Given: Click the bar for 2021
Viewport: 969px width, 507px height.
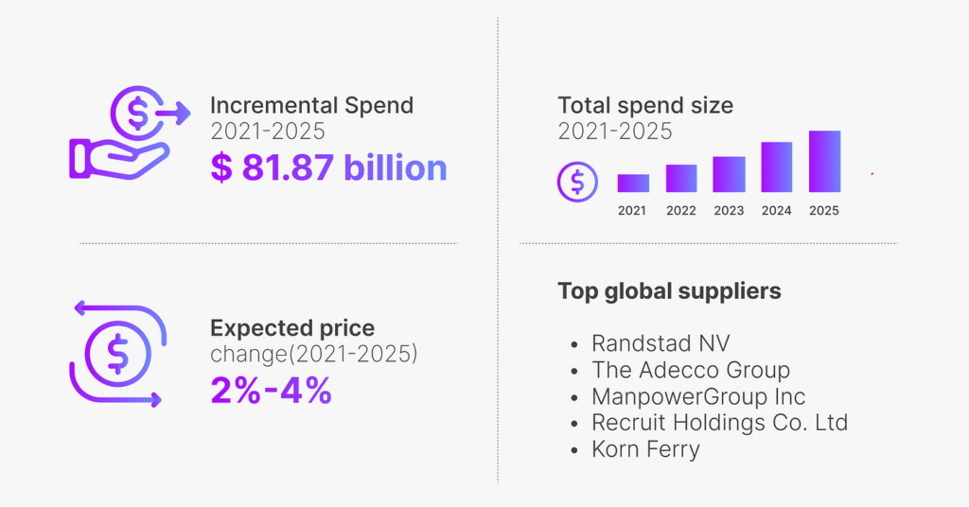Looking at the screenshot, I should (633, 184).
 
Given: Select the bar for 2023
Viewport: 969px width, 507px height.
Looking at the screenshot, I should (729, 175).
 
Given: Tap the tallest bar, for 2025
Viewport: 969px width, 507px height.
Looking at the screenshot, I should (824, 162).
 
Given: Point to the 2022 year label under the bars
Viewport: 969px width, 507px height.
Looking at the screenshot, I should (680, 211).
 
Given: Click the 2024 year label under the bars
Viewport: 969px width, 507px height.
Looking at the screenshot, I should (776, 211).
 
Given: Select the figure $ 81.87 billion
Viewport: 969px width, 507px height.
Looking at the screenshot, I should (328, 167).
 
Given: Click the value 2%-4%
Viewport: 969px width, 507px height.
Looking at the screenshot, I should (271, 390).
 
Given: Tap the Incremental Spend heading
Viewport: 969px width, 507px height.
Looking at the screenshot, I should (311, 105).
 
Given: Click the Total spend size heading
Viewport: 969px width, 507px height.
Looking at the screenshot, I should (645, 105).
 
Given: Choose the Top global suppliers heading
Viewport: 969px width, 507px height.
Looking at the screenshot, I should (669, 290).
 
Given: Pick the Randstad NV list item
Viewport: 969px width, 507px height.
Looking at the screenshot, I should (661, 342).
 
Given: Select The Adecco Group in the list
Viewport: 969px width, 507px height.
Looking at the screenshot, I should (691, 370).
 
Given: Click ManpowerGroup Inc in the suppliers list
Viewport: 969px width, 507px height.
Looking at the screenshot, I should (698, 396).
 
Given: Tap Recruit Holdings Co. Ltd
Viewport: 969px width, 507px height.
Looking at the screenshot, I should (719, 423).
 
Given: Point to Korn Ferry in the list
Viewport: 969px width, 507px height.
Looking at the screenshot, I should (645, 449).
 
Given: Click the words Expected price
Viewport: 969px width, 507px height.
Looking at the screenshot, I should (292, 328).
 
